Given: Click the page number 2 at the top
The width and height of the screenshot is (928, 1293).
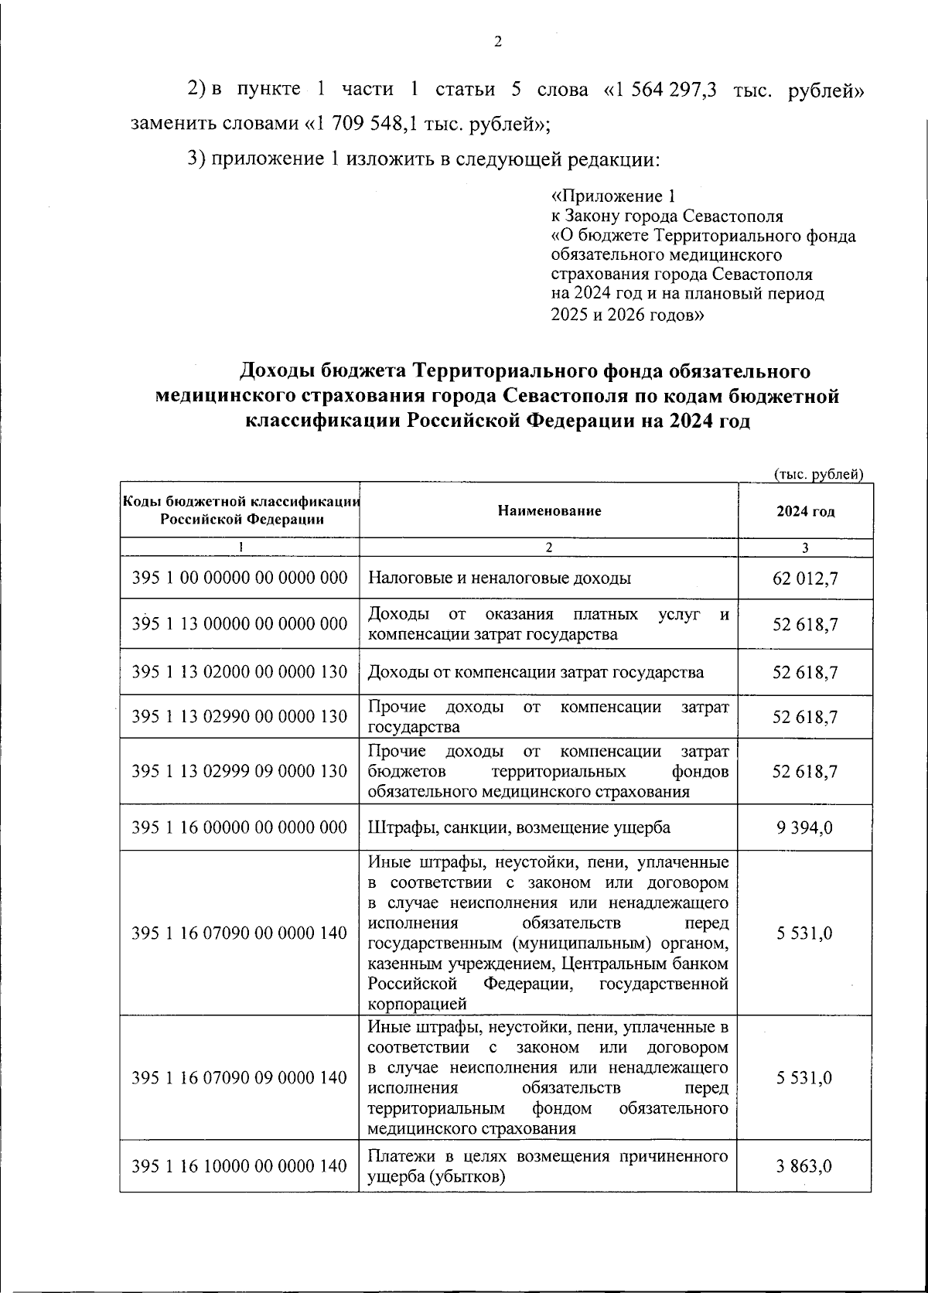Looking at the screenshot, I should click(x=497, y=42).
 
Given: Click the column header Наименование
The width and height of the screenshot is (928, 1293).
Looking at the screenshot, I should click(x=549, y=510).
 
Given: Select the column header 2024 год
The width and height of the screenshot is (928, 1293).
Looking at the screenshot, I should click(x=805, y=512).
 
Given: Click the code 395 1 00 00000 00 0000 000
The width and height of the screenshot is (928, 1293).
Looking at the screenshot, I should click(x=240, y=578).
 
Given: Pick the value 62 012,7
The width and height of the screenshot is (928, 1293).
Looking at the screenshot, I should click(x=805, y=578).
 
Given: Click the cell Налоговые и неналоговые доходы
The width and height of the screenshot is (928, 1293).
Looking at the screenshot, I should click(x=500, y=578).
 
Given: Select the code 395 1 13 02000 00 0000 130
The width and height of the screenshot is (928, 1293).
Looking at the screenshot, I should click(x=240, y=672).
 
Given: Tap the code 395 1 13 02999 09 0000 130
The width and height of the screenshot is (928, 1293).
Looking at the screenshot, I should click(x=240, y=772).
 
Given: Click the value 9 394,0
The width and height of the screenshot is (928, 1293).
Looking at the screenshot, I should click(x=805, y=827).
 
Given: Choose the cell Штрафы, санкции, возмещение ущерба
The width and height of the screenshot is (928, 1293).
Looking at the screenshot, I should click(x=519, y=827).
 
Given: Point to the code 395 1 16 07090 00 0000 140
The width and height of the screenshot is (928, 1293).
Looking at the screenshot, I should click(x=240, y=933).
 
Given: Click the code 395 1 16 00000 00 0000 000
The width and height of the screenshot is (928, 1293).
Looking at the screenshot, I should click(x=240, y=827).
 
